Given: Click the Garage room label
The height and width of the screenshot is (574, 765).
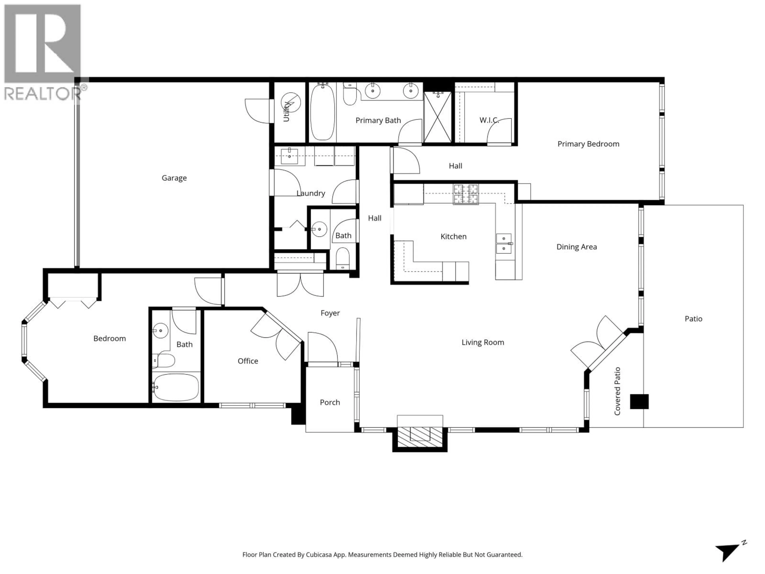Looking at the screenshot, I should [x=174, y=178].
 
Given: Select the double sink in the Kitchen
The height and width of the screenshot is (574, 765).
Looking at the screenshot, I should [x=504, y=244].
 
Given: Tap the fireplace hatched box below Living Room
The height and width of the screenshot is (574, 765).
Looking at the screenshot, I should [x=420, y=438].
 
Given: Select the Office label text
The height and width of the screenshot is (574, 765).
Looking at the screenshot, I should [x=248, y=361].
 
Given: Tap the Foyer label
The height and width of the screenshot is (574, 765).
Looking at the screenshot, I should [x=330, y=313].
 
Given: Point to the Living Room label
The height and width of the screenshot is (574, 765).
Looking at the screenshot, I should [x=483, y=342].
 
